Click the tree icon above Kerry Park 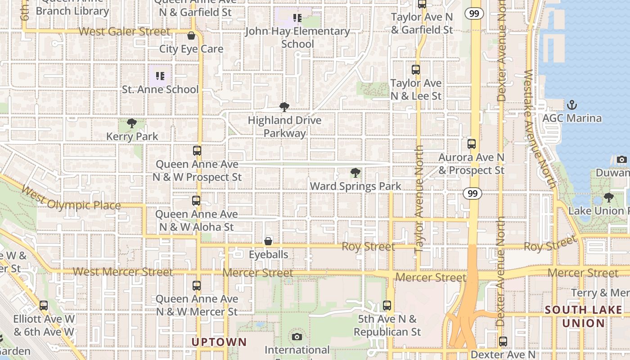click(x=131, y=123)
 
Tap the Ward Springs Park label click(x=355, y=186)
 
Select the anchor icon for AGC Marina click(x=571, y=105)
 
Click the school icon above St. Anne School click(x=160, y=76)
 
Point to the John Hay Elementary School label click(x=297, y=37)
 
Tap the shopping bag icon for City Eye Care click(x=191, y=36)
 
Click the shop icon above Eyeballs click(x=268, y=241)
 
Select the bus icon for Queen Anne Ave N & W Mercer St click(x=196, y=285)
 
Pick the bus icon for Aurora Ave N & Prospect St click(x=471, y=144)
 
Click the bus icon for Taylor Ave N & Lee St click(x=416, y=70)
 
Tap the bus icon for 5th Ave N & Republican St click(x=387, y=306)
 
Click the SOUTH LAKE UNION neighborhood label click(x=584, y=316)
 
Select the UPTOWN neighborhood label click(x=219, y=342)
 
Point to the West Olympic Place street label click(x=71, y=199)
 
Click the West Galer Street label click(x=125, y=31)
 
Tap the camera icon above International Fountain click(x=297, y=337)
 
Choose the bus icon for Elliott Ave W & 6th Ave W click(x=43, y=306)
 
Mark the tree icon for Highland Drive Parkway click(x=284, y=107)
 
